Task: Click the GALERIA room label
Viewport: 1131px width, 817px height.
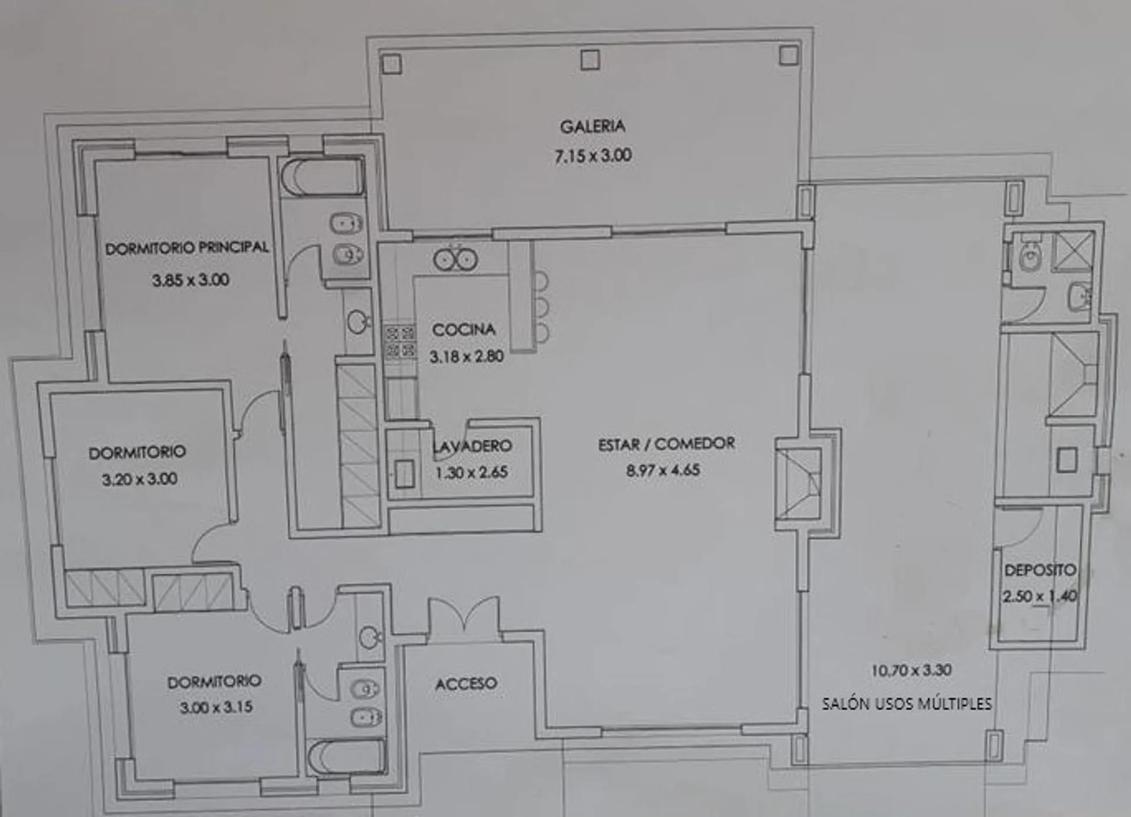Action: pos(592,126)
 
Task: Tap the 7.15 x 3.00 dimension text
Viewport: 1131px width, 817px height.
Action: pos(593,156)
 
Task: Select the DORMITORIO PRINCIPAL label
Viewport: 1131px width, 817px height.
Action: pos(187,247)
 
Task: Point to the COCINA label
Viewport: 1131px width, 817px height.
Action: pos(464,329)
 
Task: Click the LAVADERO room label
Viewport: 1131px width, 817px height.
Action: pos(472,446)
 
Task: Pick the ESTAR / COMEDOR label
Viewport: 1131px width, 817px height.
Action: pos(666,444)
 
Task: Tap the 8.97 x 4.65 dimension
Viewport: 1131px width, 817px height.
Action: pos(663,470)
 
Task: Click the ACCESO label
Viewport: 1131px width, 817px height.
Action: pos(466,683)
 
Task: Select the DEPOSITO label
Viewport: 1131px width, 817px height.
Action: pos(1040,570)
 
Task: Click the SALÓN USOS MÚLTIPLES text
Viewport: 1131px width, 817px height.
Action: pos(907,703)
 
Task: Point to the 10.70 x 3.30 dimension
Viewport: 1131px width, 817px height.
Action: pos(911,670)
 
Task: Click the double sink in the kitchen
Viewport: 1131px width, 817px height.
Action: pos(455,259)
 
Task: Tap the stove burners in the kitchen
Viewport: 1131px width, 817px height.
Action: pos(400,342)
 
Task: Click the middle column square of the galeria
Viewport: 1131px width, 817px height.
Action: pos(590,59)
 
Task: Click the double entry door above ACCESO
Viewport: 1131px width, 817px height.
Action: pos(465,618)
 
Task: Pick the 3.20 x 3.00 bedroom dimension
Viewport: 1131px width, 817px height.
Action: pos(140,479)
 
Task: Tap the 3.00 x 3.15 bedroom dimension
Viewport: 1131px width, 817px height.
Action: pos(216,706)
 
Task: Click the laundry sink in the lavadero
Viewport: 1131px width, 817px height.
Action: pos(404,474)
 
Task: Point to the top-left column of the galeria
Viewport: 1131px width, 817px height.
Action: pos(392,64)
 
